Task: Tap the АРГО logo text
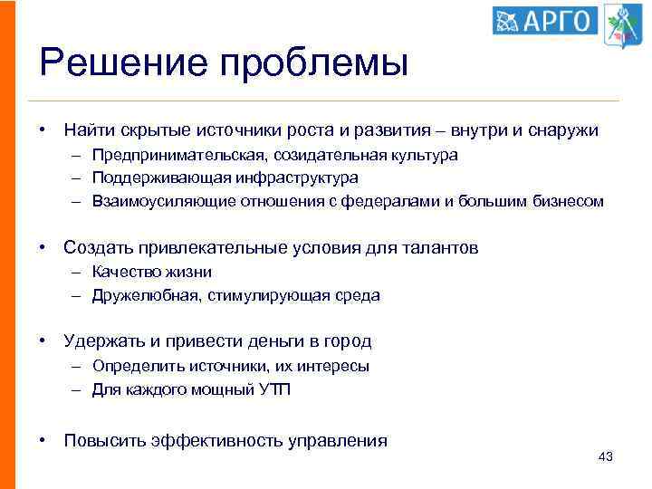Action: (553, 21)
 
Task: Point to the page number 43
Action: (606, 457)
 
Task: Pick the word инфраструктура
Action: (299, 177)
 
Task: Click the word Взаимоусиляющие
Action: (151, 201)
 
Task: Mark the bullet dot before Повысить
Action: (43, 441)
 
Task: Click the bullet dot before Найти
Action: (43, 130)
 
